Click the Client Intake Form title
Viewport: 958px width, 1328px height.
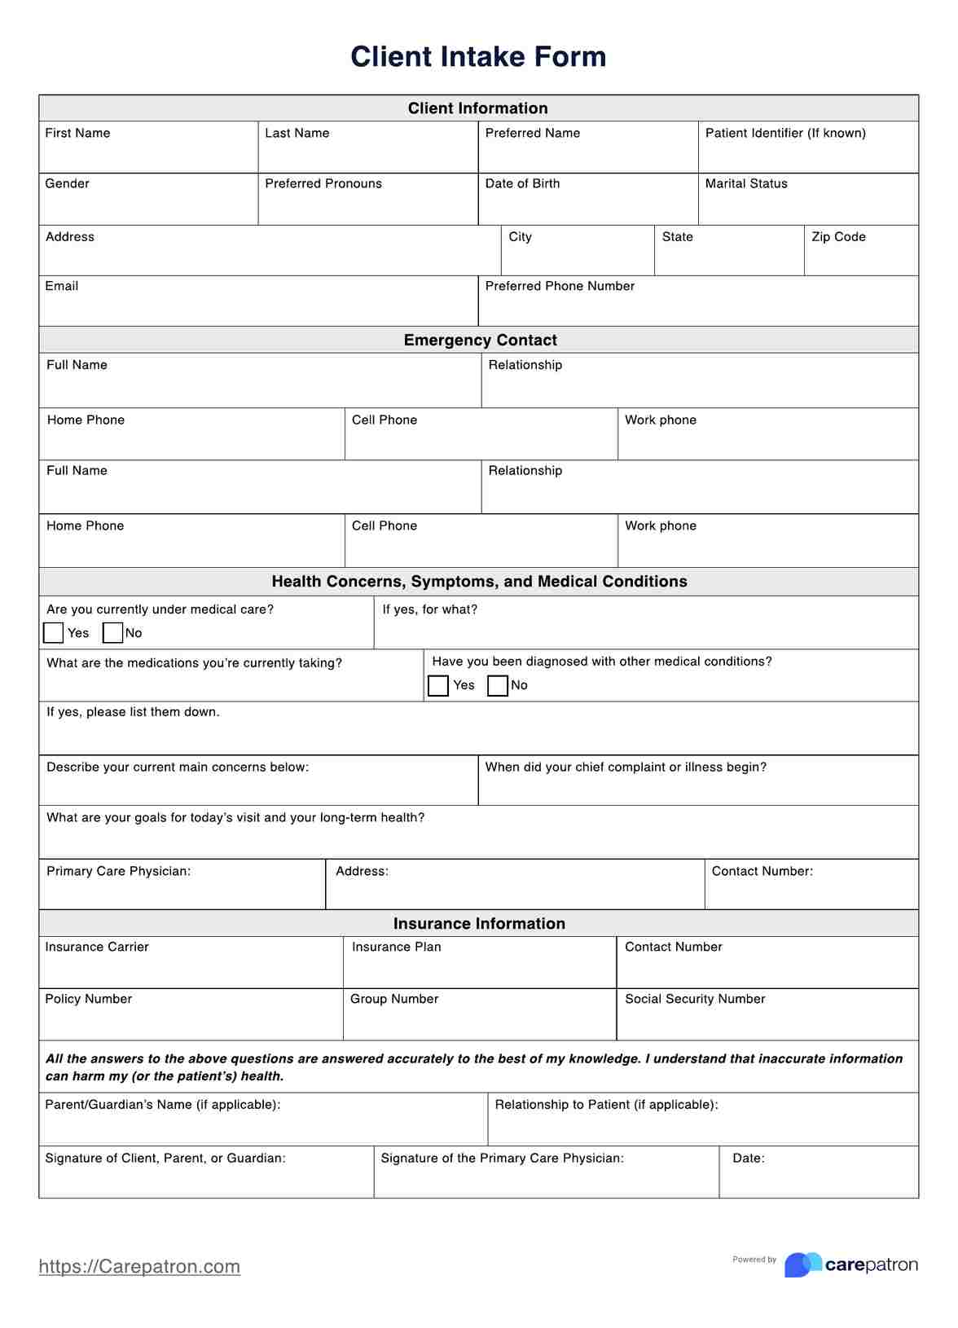pyautogui.click(x=478, y=57)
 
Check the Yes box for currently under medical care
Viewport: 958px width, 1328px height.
pyautogui.click(x=54, y=633)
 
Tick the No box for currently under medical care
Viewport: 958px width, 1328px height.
pyautogui.click(x=112, y=633)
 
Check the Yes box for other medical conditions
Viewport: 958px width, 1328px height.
pyautogui.click(x=438, y=686)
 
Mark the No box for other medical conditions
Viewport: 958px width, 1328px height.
pyautogui.click(x=497, y=686)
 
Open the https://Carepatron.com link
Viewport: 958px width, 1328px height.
pyautogui.click(x=139, y=1266)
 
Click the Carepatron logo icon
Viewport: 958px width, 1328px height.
pyautogui.click(x=802, y=1264)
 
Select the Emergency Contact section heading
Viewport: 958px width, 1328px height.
pyautogui.click(x=480, y=340)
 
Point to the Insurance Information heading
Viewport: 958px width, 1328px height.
pyautogui.click(x=479, y=923)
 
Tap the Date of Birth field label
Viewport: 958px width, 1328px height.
pyautogui.click(x=522, y=183)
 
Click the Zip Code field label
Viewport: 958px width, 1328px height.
pyautogui.click(x=838, y=236)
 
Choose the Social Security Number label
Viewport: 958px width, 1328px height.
pyautogui.click(x=695, y=999)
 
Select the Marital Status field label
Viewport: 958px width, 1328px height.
pyautogui.click(x=746, y=183)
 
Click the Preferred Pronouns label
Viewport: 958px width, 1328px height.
pyautogui.click(x=323, y=183)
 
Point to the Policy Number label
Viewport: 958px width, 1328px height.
pyautogui.click(x=88, y=999)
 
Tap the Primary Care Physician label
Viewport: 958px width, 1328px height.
pyautogui.click(x=118, y=871)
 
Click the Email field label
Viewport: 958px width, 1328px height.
pyautogui.click(x=62, y=286)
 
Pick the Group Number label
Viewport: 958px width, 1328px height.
pyautogui.click(x=394, y=999)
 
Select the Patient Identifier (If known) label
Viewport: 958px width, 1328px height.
pyautogui.click(x=785, y=133)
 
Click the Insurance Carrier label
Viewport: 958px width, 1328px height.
pyautogui.click(x=97, y=947)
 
